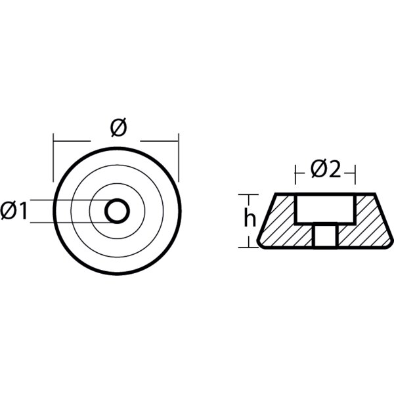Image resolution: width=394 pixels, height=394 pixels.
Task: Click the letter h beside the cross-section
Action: tap(250, 219)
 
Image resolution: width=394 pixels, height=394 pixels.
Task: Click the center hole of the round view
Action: tap(117, 211)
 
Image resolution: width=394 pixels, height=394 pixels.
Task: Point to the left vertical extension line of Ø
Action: tap(54, 158)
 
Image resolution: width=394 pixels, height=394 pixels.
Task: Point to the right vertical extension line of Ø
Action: tap(179, 158)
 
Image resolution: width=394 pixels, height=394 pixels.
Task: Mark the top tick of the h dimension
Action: tap(247, 194)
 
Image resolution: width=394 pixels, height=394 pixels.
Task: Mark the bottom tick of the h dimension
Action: tap(247, 248)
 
